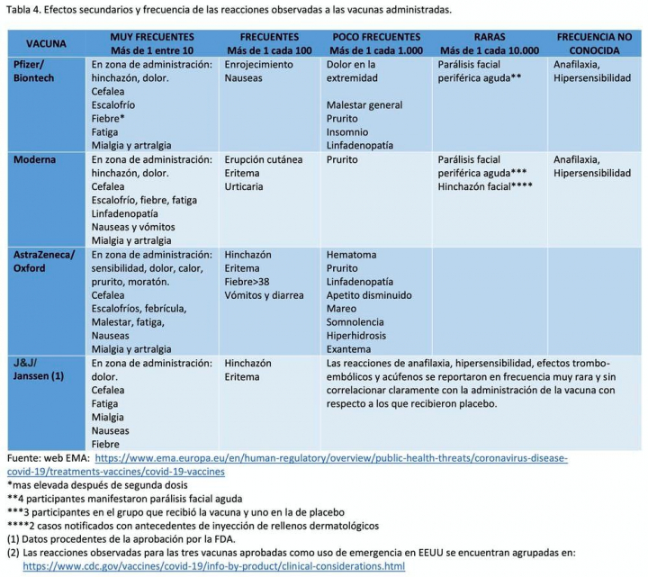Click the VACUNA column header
click(46, 43)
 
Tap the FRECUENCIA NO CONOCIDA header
click(594, 43)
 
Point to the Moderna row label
click(34, 159)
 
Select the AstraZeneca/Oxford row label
click(44, 261)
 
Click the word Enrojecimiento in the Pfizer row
click(259, 66)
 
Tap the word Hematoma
click(352, 255)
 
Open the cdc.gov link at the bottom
click(213, 566)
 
